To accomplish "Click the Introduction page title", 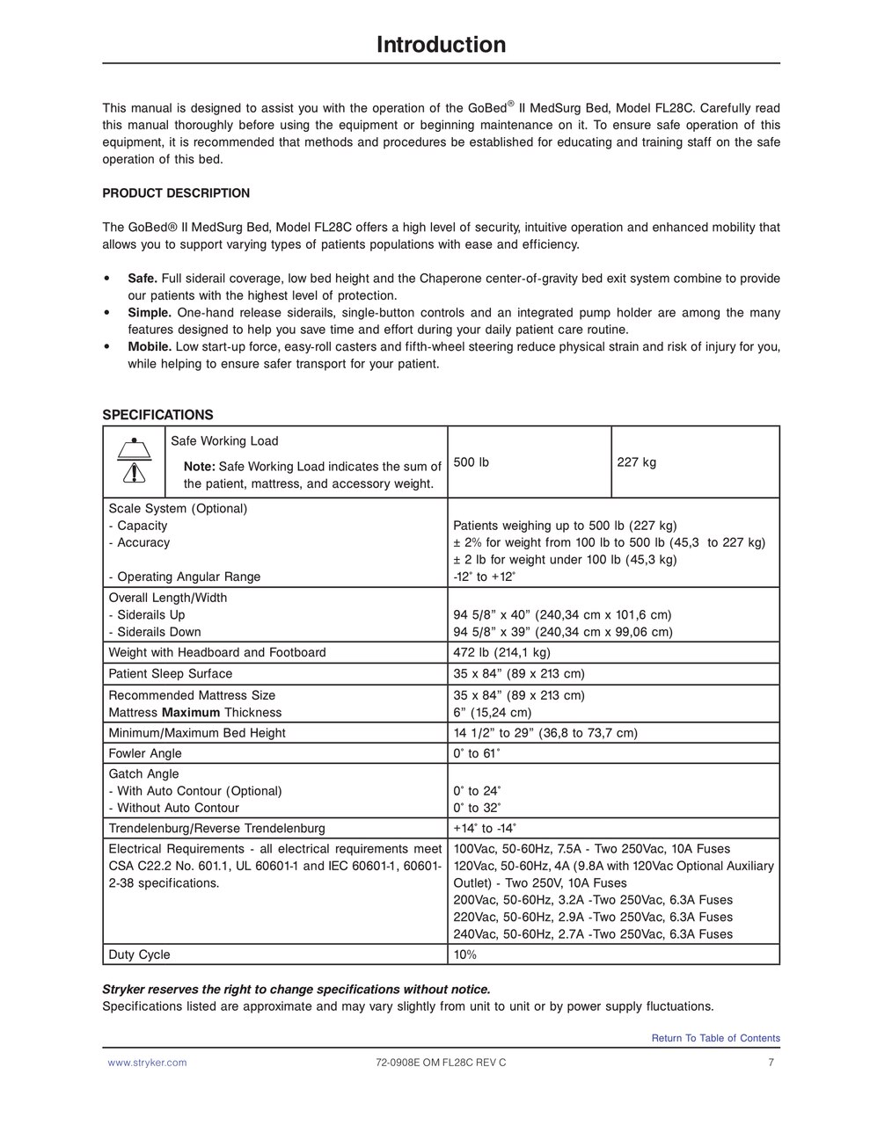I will [x=441, y=45].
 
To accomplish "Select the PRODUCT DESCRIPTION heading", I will [x=176, y=193].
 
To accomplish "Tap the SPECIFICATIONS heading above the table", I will [x=157, y=415].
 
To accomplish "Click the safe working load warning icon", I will [x=134, y=461].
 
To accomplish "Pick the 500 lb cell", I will [x=472, y=462].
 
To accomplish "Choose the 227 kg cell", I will [x=636, y=462].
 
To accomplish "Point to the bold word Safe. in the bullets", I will [x=143, y=279].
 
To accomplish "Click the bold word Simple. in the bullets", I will [x=150, y=313].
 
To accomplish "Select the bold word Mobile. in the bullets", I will [x=150, y=347].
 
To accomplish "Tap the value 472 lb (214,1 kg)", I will [x=501, y=652].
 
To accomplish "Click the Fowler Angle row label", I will [x=145, y=753].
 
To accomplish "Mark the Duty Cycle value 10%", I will [x=465, y=954].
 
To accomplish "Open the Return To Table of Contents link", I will [x=715, y=1038].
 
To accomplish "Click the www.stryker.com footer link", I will [x=147, y=1063].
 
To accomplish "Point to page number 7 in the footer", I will [x=771, y=1063].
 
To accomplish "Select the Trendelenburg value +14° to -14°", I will [x=485, y=828].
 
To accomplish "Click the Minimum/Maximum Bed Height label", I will [x=197, y=733].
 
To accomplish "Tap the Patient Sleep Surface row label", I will [x=171, y=674].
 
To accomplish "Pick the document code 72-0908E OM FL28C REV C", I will [x=441, y=1063].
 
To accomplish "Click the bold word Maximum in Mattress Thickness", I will [x=191, y=713].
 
